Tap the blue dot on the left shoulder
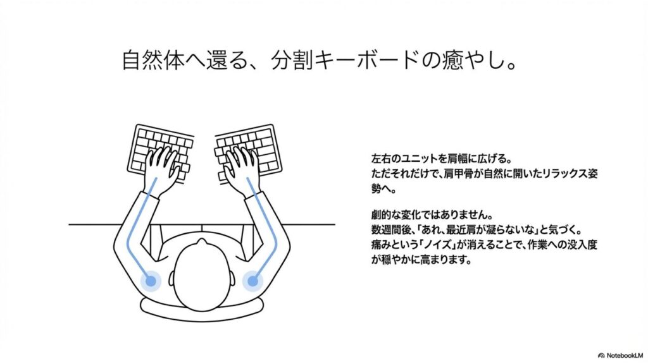pos(151,281)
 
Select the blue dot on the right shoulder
pos(252,281)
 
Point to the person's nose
pos(202,241)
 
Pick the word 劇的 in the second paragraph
pos(380,215)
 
